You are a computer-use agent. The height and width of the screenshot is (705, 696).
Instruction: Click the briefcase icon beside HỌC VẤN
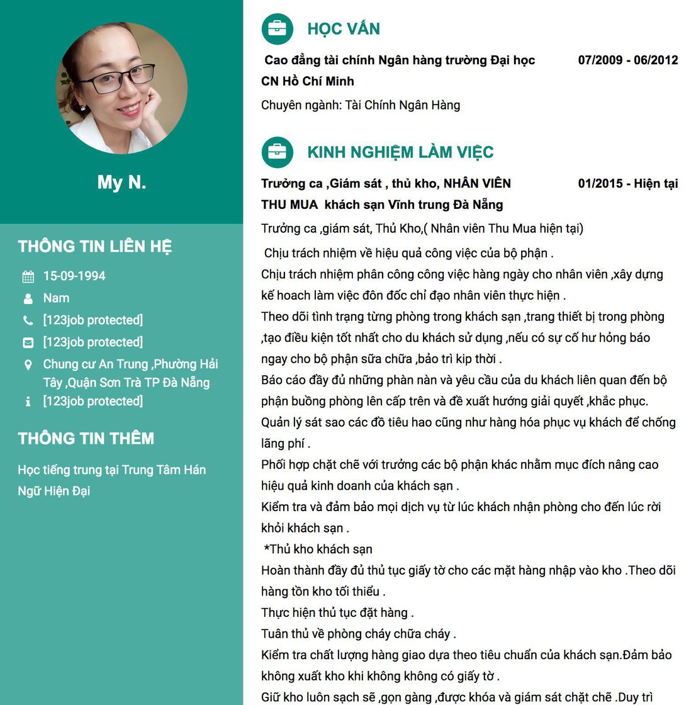(277, 29)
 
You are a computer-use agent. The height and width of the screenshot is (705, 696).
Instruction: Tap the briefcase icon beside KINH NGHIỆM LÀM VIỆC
(277, 152)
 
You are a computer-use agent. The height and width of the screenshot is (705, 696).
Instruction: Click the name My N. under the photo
(121, 183)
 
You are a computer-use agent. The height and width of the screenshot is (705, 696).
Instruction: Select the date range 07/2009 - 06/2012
(627, 60)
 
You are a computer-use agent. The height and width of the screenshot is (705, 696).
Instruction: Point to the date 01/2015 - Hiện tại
(627, 184)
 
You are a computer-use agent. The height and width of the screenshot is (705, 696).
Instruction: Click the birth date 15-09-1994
(74, 276)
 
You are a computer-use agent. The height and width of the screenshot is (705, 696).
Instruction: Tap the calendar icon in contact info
(28, 276)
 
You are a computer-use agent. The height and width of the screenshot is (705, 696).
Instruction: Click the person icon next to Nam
(28, 298)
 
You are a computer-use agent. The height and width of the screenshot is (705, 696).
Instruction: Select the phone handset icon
(28, 320)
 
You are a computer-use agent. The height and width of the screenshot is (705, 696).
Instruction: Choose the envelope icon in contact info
(28, 342)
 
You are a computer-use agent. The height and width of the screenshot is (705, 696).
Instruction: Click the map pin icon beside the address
(28, 364)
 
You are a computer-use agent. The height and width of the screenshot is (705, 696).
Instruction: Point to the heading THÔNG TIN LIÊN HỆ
(95, 247)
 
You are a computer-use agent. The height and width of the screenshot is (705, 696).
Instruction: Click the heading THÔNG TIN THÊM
(86, 439)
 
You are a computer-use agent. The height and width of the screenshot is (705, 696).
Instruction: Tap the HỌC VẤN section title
(344, 29)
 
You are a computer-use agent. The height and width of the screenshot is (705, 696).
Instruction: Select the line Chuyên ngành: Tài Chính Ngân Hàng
(361, 105)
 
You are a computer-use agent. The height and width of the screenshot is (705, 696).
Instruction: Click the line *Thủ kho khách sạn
(318, 550)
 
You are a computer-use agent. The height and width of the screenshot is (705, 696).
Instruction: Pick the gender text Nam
(56, 298)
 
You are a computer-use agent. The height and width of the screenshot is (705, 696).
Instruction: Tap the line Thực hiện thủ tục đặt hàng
(337, 613)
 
